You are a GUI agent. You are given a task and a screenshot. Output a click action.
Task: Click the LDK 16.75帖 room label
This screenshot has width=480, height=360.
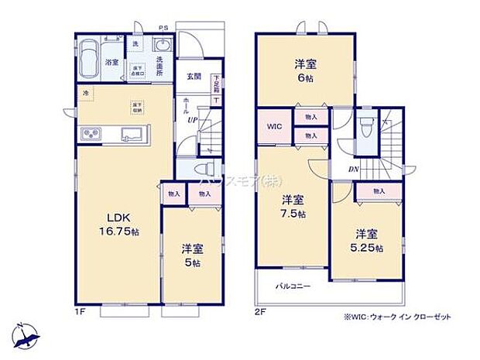[112, 221]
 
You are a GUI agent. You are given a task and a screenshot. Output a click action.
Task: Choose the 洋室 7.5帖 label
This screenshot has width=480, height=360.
[293, 205]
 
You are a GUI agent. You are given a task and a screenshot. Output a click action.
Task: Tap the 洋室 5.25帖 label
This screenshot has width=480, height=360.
[369, 240]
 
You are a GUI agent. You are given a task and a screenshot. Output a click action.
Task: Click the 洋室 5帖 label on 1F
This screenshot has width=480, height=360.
[191, 255]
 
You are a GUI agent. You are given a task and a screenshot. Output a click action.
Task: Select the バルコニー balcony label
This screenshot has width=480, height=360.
[294, 286]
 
